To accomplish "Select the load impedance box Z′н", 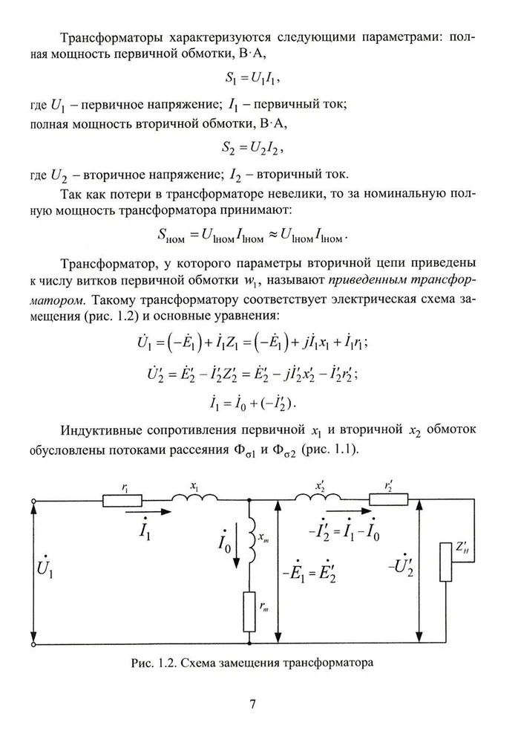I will tap(447, 562).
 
